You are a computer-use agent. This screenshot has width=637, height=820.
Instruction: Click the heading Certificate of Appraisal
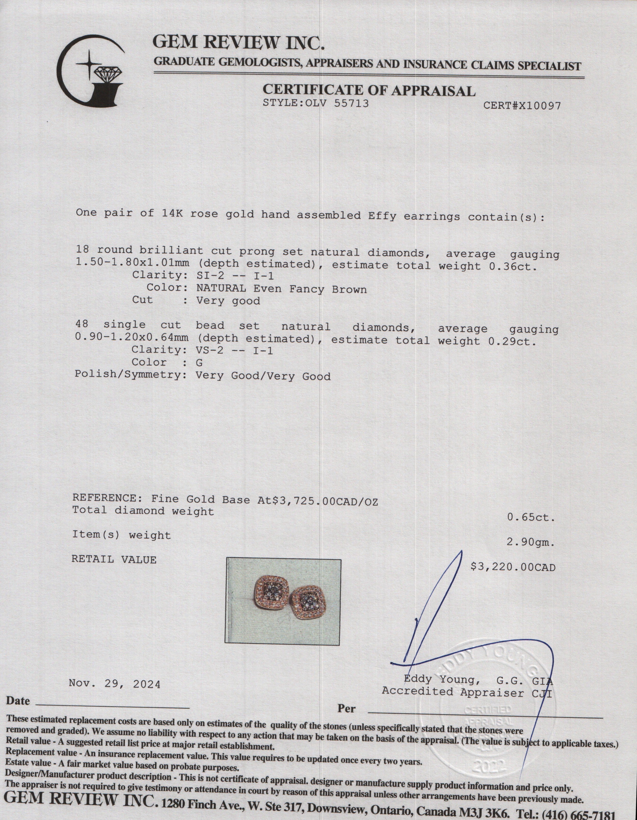pos(369,90)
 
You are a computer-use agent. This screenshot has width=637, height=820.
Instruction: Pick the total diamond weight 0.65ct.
pos(531,517)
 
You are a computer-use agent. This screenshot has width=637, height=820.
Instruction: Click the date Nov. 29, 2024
pos(115,684)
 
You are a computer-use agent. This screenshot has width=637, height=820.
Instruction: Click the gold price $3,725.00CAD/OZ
pos(327,501)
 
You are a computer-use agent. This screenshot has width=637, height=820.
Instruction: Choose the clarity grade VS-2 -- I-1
pos(234,351)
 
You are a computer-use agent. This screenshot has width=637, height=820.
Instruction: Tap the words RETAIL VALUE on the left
pos(114,559)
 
